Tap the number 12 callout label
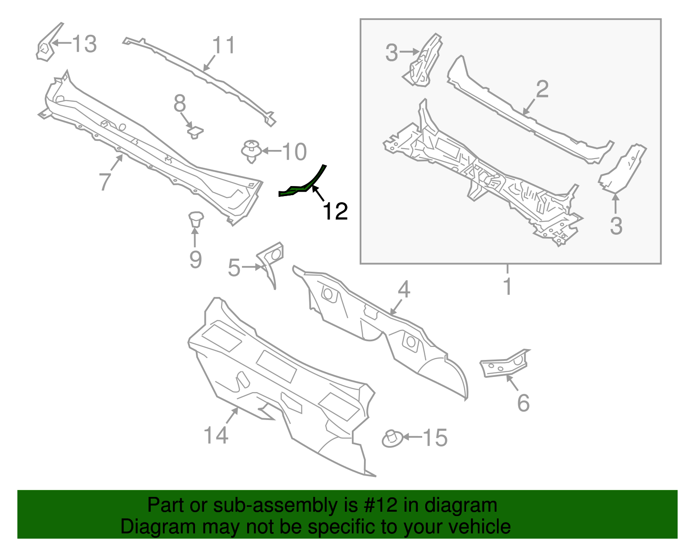coord(335,212)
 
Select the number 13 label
coord(84,44)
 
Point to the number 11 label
coord(224,46)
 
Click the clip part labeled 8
coord(195,131)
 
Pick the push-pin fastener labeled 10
coord(252,150)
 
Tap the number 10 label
coord(294,152)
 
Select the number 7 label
coord(105,181)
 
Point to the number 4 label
coord(404,290)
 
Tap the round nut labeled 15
coord(392,438)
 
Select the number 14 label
coord(216,435)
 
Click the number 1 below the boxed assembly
coord(507,287)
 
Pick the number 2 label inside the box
coord(542,89)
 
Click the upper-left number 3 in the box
coord(391,53)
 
